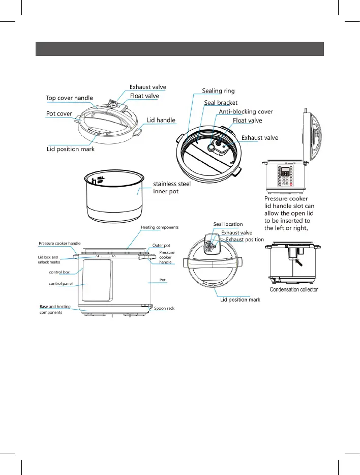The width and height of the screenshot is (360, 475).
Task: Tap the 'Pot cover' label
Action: pyautogui.click(x=59, y=114)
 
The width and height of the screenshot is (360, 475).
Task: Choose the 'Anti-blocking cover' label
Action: pyautogui.click(x=246, y=111)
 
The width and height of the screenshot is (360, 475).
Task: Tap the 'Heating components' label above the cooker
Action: pyautogui.click(x=160, y=227)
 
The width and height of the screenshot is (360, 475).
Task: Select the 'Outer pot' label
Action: pyautogui.click(x=161, y=245)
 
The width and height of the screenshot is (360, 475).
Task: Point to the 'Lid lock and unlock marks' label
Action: pyautogui.click(x=49, y=260)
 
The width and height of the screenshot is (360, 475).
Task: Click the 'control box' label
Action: pyautogui.click(x=59, y=273)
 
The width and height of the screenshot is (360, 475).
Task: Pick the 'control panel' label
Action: pyautogui.click(x=61, y=284)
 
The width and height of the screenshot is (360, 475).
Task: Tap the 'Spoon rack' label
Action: pyautogui.click(x=164, y=309)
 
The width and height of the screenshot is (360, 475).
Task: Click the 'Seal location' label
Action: pyautogui.click(x=228, y=224)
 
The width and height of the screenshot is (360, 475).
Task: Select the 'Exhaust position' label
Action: pyautogui.click(x=245, y=239)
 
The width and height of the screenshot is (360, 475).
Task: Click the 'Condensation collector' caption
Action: pyautogui.click(x=294, y=289)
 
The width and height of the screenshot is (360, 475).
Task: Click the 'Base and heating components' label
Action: pyautogui.click(x=55, y=309)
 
